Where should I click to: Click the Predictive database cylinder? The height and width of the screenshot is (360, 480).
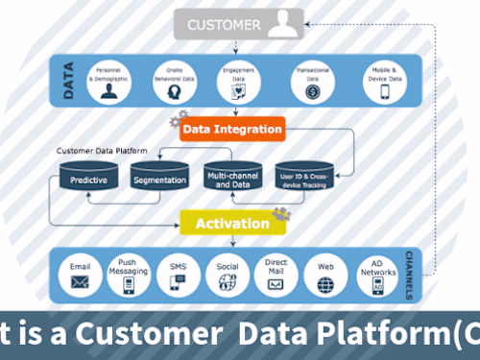87,178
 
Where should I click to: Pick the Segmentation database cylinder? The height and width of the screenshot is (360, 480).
158,178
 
